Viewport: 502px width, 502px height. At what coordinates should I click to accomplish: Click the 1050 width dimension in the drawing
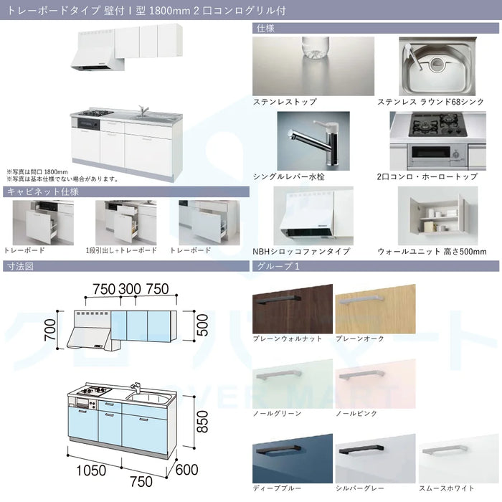pyautogui.click(x=91, y=470)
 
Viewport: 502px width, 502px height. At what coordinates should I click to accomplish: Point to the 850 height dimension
pyautogui.click(x=202, y=422)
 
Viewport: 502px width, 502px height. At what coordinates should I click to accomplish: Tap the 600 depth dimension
pyautogui.click(x=187, y=470)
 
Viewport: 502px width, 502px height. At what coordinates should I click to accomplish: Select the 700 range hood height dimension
pyautogui.click(x=50, y=330)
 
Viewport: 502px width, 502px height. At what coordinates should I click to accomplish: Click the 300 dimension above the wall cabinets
pyautogui.click(x=130, y=289)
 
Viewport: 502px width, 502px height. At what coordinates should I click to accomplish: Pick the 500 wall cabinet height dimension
pyautogui.click(x=202, y=325)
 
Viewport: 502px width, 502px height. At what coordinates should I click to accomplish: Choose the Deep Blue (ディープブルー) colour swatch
pyautogui.click(x=293, y=458)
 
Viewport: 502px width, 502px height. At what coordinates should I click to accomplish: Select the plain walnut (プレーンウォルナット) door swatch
pyautogui.click(x=293, y=308)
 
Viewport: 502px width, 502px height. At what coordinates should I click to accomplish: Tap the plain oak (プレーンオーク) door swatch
pyautogui.click(x=376, y=308)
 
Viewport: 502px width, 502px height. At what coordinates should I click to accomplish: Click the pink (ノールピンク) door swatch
pyautogui.click(x=376, y=384)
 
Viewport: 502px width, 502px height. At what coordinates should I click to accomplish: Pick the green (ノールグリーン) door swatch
pyautogui.click(x=293, y=384)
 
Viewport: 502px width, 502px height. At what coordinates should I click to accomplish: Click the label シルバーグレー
pyautogui.click(x=359, y=488)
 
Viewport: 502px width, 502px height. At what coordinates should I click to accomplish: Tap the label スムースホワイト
pyautogui.click(x=447, y=488)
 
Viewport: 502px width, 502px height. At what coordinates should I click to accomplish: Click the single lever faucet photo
pyautogui.click(x=313, y=141)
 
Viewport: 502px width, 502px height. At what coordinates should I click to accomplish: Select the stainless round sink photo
pyautogui.click(x=437, y=66)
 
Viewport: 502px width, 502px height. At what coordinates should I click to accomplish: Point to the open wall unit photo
pyautogui.click(x=437, y=216)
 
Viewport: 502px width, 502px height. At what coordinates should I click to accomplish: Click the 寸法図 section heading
pyautogui.click(x=20, y=266)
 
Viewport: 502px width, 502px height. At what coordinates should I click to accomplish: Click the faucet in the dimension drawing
pyautogui.click(x=136, y=387)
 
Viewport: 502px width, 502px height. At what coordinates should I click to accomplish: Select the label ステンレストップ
pyautogui.click(x=285, y=102)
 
